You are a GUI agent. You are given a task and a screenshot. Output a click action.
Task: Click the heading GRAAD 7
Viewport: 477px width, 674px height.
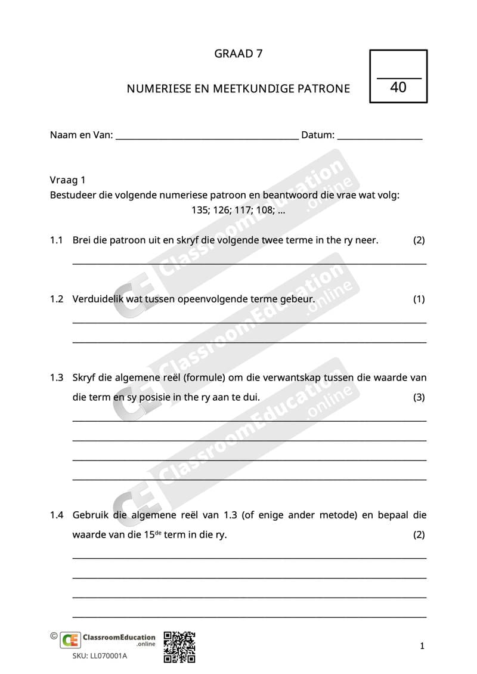pyautogui.click(x=238, y=54)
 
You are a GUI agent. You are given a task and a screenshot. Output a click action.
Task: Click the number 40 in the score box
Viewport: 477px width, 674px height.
pyautogui.click(x=398, y=88)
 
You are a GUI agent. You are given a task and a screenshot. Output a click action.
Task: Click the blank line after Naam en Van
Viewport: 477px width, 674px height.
pyautogui.click(x=206, y=136)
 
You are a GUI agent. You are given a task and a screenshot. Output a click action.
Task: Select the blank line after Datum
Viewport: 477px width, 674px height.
pyautogui.click(x=380, y=136)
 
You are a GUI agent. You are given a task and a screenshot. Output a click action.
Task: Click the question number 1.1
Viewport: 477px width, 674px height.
pyautogui.click(x=57, y=240)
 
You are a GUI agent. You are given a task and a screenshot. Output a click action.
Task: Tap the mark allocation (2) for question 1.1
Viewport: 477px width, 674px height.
pyautogui.click(x=419, y=240)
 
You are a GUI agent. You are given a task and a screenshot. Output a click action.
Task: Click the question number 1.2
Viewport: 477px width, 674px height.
pyautogui.click(x=57, y=299)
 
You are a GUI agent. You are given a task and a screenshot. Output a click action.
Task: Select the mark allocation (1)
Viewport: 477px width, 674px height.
pyautogui.click(x=419, y=299)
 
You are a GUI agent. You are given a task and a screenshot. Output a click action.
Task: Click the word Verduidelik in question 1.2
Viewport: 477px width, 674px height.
pyautogui.click(x=98, y=299)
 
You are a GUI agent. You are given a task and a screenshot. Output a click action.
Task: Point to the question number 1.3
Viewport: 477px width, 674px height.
pyautogui.click(x=57, y=378)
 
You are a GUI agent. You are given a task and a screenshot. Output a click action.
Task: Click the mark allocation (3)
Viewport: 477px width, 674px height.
pyautogui.click(x=419, y=397)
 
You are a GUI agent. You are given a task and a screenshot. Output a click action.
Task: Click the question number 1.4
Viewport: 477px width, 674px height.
pyautogui.click(x=57, y=515)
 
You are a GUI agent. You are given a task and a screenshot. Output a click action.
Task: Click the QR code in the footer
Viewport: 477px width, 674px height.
pyautogui.click(x=179, y=647)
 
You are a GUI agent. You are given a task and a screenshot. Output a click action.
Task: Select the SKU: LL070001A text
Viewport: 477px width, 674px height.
pyautogui.click(x=100, y=656)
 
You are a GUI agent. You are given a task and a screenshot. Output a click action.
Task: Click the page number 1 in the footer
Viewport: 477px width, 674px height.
pyautogui.click(x=422, y=646)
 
